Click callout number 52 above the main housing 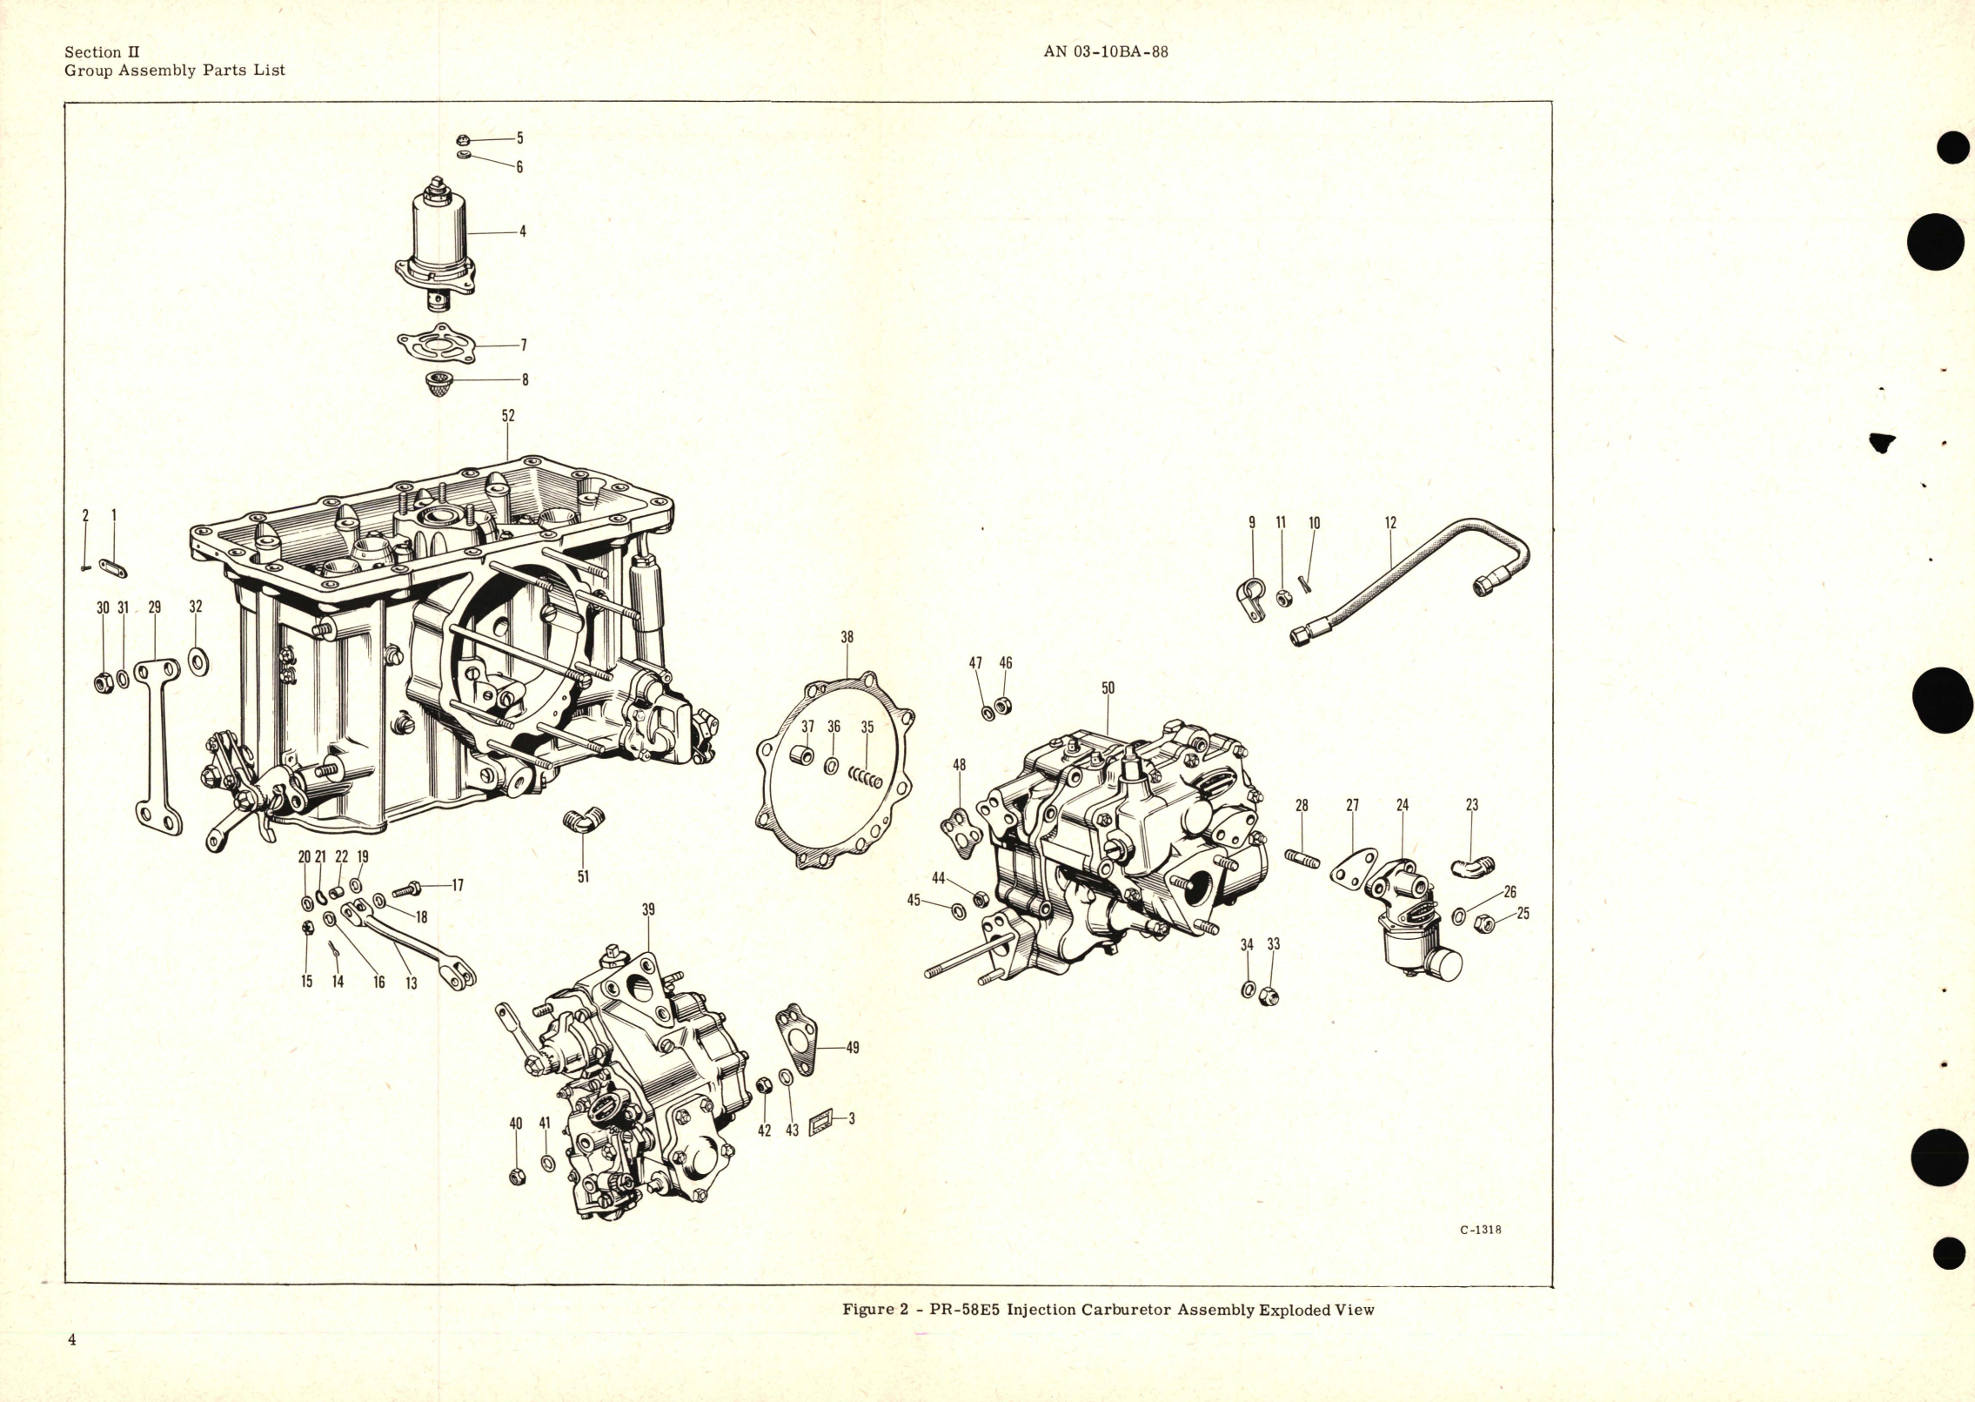pyautogui.click(x=508, y=416)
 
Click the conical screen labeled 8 pyautogui.click(x=442, y=382)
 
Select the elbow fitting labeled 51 pyautogui.click(x=583, y=819)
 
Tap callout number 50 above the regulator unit pyautogui.click(x=1108, y=688)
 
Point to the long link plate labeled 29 pyautogui.click(x=158, y=748)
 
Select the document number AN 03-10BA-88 pyautogui.click(x=1105, y=51)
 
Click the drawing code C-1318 pyautogui.click(x=1480, y=1230)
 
